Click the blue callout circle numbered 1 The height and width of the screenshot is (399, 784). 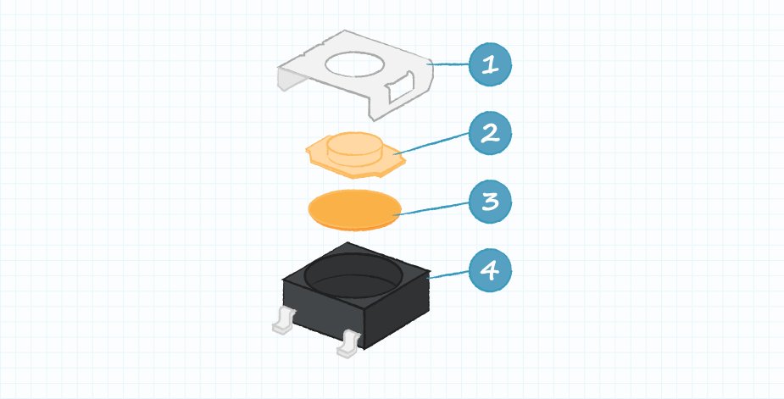491,65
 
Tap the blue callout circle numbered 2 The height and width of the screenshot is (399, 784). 491,134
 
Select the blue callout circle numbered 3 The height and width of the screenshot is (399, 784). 491,202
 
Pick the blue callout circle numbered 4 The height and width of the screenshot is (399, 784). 491,271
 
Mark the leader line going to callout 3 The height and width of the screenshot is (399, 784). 432,208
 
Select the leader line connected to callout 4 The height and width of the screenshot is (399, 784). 449,273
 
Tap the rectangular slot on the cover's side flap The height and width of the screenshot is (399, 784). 398,86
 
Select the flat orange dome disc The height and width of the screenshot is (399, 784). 353,209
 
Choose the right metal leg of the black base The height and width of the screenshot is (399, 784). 348,343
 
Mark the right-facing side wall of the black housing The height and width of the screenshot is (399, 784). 398,309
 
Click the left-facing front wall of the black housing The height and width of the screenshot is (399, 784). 322,309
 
